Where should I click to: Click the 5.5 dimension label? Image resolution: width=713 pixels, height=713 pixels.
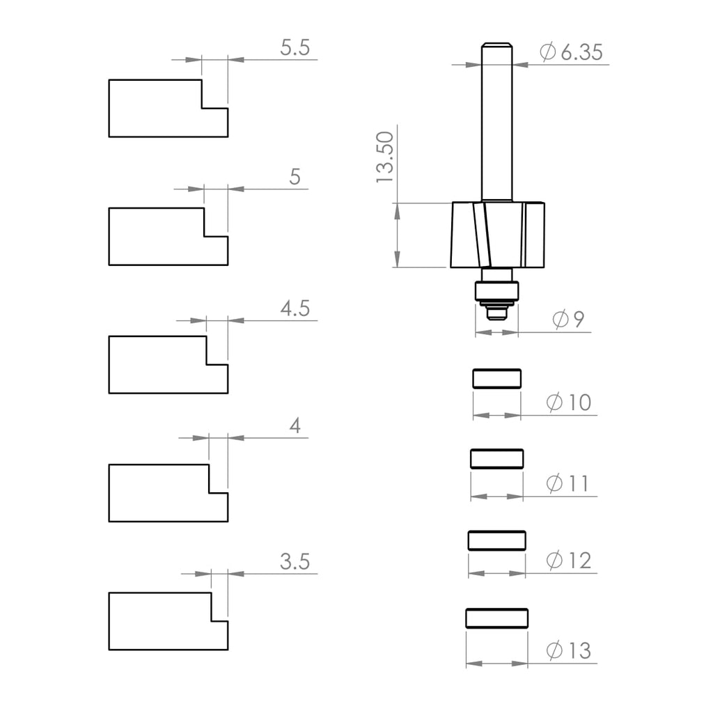point(295,48)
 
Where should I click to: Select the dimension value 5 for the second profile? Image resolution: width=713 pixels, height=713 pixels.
point(295,177)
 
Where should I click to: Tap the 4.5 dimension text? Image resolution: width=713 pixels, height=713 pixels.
point(295,308)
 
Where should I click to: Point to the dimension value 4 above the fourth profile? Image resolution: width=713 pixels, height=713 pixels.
point(295,426)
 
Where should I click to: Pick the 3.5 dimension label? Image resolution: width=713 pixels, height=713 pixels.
point(295,562)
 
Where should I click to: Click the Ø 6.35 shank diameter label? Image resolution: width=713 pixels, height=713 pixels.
point(571,52)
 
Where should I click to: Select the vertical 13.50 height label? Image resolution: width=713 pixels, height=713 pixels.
point(385,157)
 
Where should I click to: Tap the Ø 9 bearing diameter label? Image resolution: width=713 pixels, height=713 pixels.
point(568,320)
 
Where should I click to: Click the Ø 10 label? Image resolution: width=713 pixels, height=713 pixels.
point(568,402)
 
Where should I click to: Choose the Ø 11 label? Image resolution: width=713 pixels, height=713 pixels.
point(568,483)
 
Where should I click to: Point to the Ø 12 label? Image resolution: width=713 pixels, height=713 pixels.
point(568,560)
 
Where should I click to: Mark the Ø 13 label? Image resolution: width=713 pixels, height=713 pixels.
point(568,651)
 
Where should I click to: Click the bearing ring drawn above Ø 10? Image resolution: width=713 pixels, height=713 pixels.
point(496,378)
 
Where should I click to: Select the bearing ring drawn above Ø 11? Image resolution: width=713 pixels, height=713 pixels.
point(496,458)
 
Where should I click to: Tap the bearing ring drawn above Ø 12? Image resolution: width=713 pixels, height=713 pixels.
point(496,540)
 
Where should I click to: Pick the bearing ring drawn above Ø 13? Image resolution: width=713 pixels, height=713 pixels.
point(496,618)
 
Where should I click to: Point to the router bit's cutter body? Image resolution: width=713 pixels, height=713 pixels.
point(498,235)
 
